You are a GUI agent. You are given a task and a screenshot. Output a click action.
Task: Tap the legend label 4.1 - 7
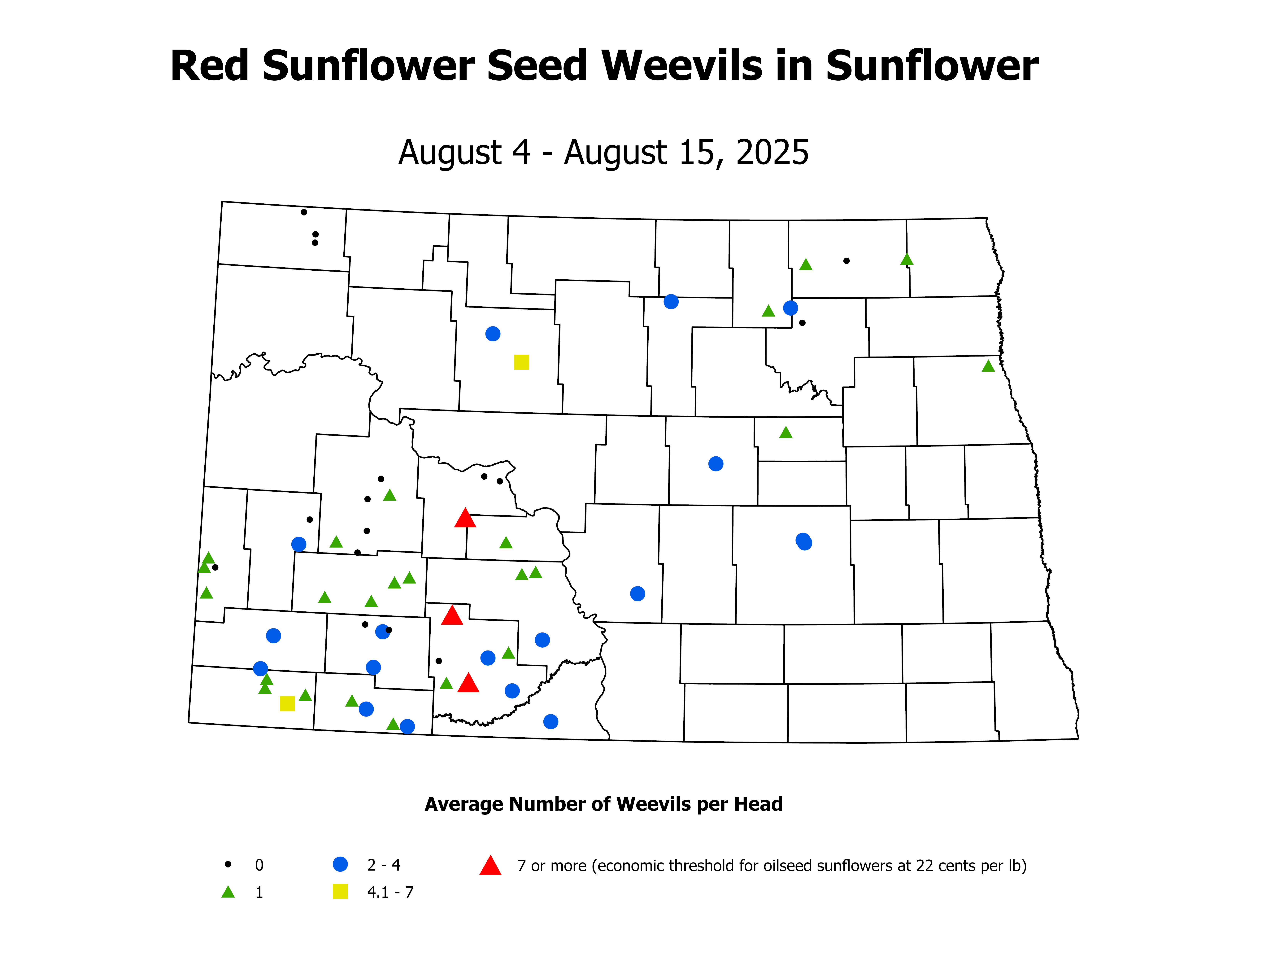[x=390, y=892]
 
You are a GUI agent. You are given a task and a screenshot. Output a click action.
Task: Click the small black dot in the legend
[x=228, y=864]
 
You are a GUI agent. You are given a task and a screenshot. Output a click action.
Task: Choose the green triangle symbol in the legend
[x=228, y=892]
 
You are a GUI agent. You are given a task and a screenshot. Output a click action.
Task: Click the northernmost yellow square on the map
[x=521, y=362]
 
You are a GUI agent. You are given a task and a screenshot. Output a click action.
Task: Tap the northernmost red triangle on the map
[x=465, y=519]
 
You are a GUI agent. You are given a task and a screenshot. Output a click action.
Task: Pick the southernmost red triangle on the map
[x=468, y=683]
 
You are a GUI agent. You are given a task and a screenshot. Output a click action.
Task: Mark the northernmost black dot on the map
[x=304, y=212]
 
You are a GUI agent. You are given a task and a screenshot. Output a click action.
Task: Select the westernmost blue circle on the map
[x=261, y=668]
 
